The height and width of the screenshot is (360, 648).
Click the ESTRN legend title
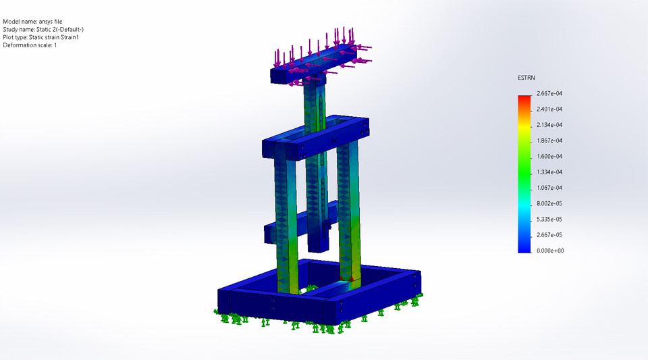tap(526, 78)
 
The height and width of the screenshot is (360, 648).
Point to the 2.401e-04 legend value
tap(549, 109)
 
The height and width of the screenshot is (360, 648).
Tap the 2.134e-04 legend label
tap(549, 125)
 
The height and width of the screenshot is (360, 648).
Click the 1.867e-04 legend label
tap(549, 140)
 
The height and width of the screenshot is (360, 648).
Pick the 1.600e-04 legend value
tap(549, 156)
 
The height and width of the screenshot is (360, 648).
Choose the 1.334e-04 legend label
tap(549, 172)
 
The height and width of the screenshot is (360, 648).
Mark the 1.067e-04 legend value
tap(549, 188)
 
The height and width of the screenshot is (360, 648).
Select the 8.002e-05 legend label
tap(549, 203)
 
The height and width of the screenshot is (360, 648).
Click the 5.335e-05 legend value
tap(549, 220)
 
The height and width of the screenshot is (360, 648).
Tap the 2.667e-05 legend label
tap(549, 235)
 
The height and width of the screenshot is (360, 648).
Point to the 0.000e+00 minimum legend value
tap(549, 251)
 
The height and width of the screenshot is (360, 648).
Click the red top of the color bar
tap(524, 99)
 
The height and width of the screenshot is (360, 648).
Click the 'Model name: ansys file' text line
tap(32, 22)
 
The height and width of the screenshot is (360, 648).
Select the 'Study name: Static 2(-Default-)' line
tap(43, 30)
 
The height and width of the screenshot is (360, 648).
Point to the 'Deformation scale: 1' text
tap(30, 46)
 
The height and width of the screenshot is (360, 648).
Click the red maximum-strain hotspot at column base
tap(350, 278)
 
